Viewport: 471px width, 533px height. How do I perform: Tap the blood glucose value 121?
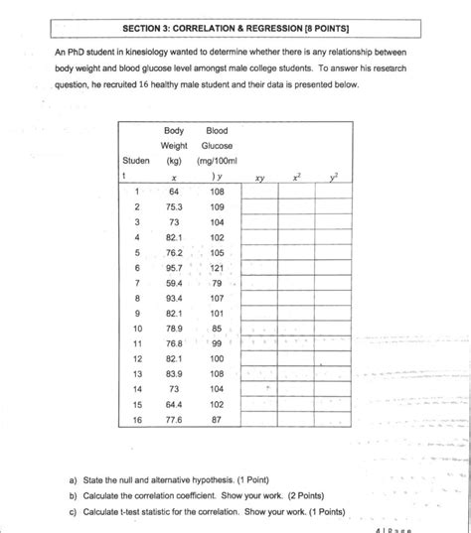219,269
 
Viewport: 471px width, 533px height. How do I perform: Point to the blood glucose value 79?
219,283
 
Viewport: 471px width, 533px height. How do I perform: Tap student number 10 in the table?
137,328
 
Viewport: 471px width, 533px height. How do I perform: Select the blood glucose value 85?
218,328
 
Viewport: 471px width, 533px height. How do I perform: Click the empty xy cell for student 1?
259,192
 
